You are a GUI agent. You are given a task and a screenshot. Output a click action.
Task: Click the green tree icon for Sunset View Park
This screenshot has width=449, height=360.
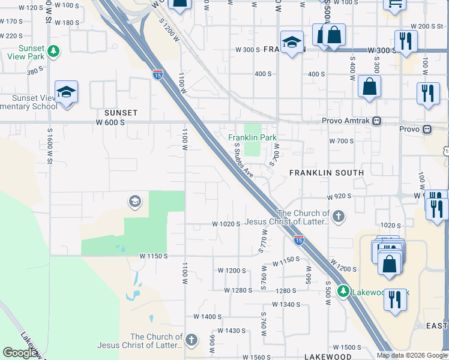[54, 51]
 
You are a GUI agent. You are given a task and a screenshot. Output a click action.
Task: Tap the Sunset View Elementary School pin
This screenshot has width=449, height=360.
[66, 92]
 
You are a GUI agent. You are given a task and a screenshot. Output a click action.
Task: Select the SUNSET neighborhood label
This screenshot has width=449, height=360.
[121, 113]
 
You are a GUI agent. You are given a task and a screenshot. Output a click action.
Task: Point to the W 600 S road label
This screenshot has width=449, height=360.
[109, 122]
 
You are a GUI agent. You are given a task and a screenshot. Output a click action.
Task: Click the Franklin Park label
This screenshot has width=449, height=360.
[252, 137]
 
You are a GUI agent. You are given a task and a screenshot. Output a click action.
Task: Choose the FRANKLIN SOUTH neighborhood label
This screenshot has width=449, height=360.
[327, 173]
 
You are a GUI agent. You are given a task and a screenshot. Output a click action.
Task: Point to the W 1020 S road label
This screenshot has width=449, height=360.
[226, 224]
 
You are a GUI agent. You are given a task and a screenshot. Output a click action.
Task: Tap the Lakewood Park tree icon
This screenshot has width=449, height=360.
[343, 292]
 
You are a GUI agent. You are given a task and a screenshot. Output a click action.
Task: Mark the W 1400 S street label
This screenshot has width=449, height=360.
[208, 316]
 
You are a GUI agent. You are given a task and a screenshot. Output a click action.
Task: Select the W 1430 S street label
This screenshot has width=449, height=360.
[232, 331]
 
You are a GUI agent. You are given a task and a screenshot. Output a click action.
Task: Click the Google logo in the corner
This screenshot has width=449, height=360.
[20, 353]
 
